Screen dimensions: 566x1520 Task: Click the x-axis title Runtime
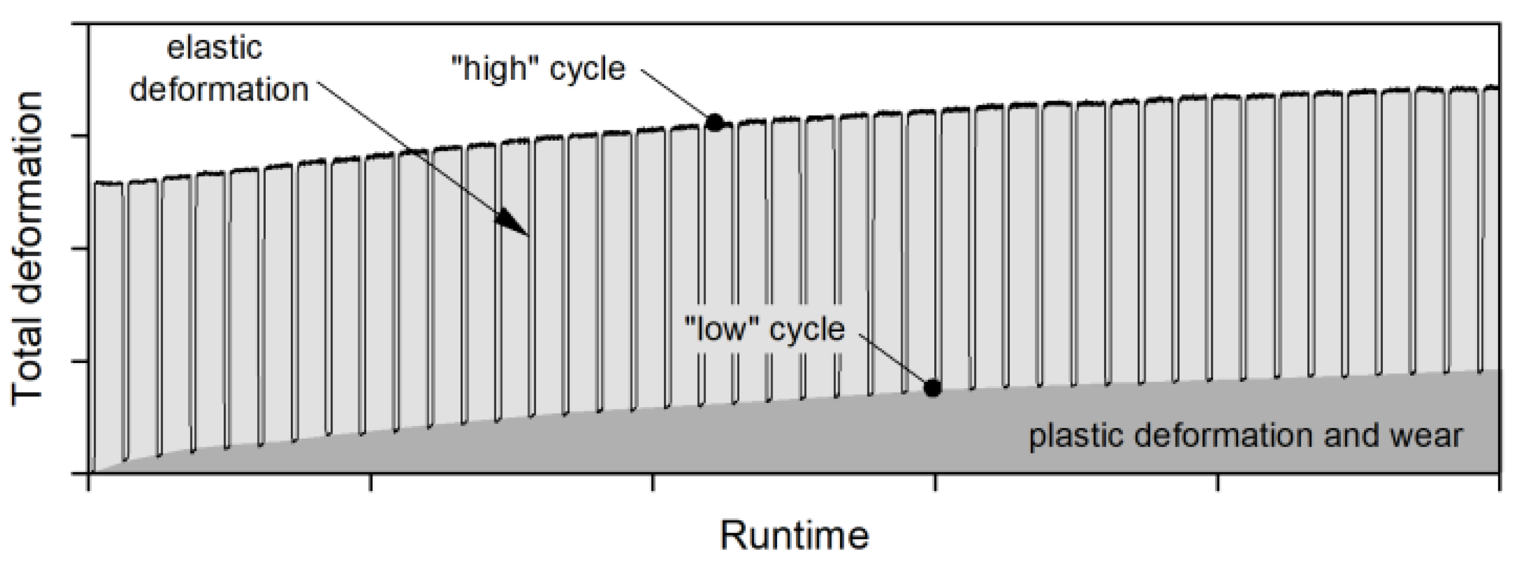[x=794, y=535]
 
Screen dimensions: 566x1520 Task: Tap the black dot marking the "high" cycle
[x=714, y=122]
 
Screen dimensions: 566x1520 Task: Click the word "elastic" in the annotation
[x=214, y=49]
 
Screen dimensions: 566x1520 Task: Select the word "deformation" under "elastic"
[x=219, y=90]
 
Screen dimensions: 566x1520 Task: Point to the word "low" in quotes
[x=721, y=329]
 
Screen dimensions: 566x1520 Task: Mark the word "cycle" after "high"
[x=587, y=69]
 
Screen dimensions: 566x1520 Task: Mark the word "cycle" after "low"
[x=807, y=329]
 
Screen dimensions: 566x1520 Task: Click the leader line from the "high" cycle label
[x=675, y=97]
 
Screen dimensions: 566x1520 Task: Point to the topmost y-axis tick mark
[x=80, y=24]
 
